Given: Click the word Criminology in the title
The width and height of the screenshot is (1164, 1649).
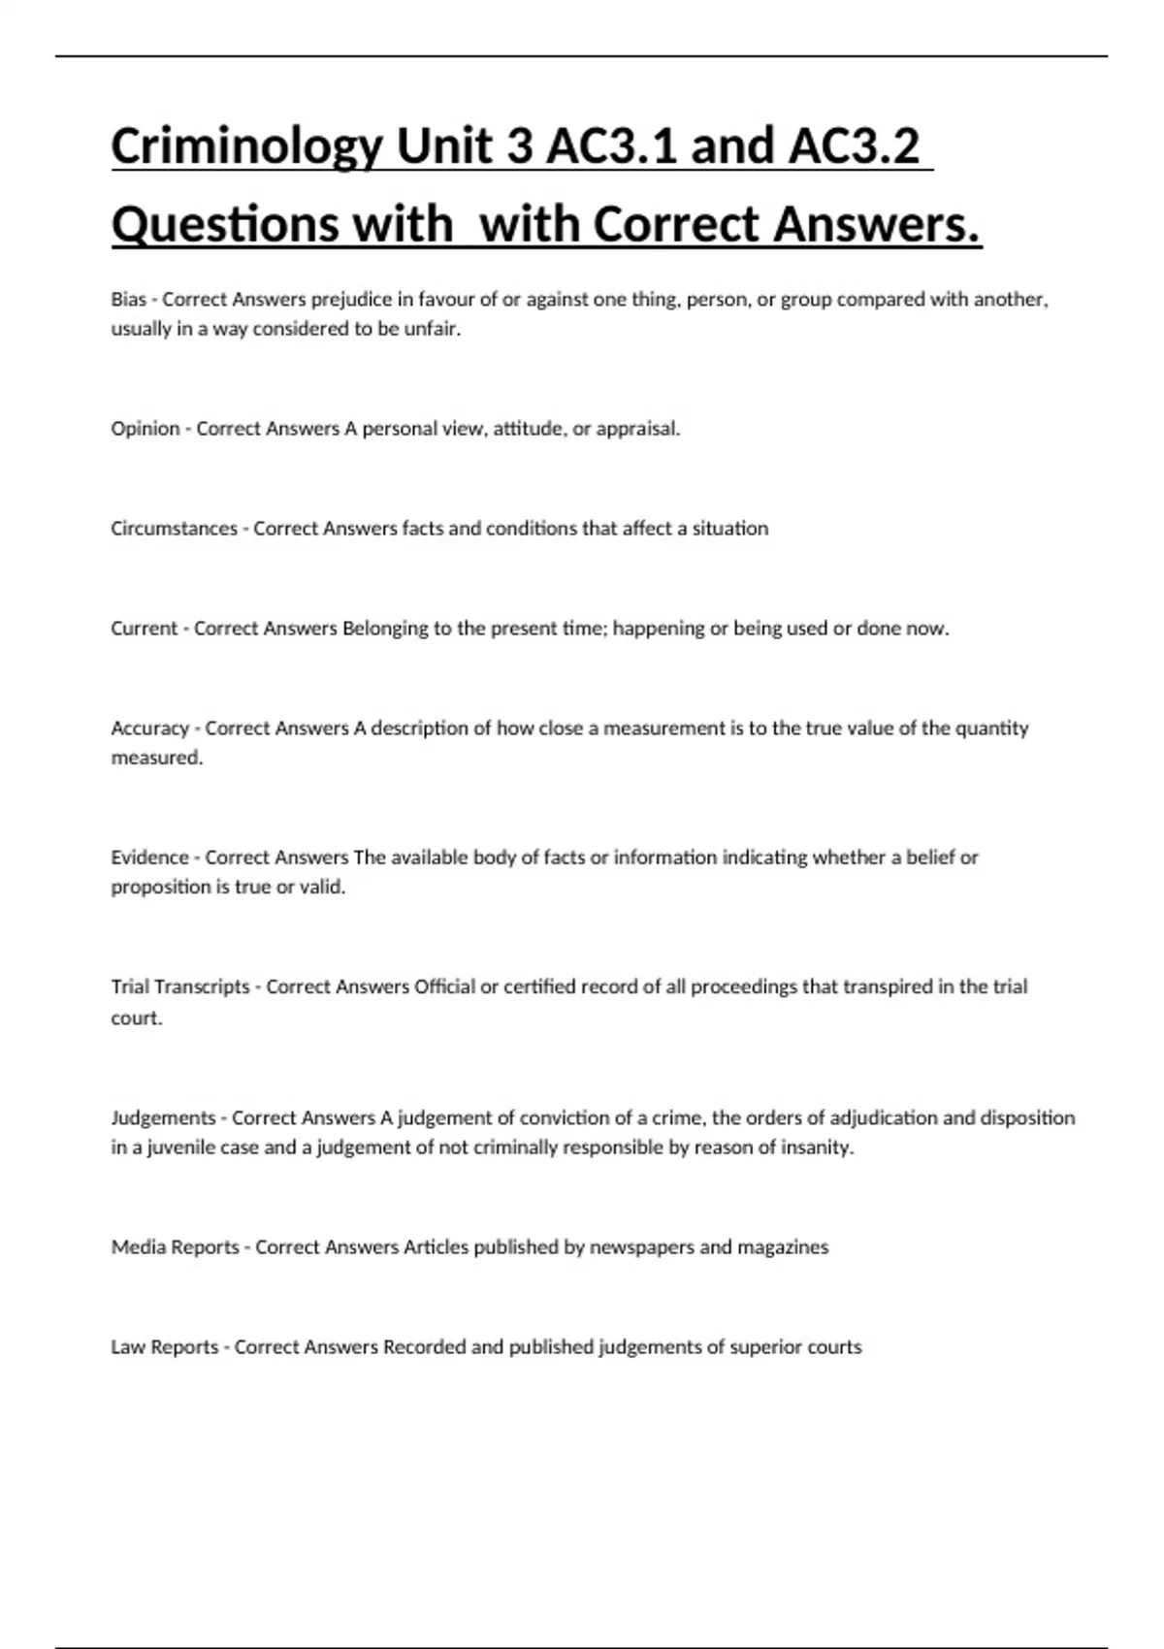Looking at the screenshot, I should pyautogui.click(x=246, y=146).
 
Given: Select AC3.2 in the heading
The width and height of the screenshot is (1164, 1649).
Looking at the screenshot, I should pyautogui.click(x=854, y=146).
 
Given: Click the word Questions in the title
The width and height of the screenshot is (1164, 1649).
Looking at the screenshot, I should pyautogui.click(x=225, y=225).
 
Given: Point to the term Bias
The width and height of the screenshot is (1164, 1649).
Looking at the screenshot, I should pyautogui.click(x=128, y=300).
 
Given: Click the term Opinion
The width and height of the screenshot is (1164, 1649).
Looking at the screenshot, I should pyautogui.click(x=145, y=429).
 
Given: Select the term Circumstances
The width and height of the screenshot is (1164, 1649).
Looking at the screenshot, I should pyautogui.click(x=174, y=529).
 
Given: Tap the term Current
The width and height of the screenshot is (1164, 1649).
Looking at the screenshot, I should pyautogui.click(x=145, y=629).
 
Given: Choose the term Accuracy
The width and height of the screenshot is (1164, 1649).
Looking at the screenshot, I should pyautogui.click(x=149, y=728).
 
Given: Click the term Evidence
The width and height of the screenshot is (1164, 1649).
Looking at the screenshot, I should pyautogui.click(x=150, y=857).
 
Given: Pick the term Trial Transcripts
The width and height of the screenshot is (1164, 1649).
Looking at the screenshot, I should pyautogui.click(x=180, y=986).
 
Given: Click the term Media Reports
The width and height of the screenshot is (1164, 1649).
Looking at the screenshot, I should pyautogui.click(x=175, y=1247).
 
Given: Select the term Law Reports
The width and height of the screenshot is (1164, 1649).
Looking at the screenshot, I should pyautogui.click(x=165, y=1347).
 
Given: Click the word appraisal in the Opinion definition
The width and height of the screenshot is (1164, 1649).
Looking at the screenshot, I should pyautogui.click(x=637, y=429).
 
